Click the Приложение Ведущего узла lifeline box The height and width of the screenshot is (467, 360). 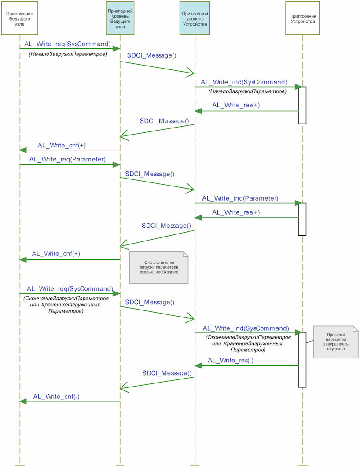[x=20, y=18]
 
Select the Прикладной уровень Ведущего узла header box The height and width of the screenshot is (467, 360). [x=120, y=18]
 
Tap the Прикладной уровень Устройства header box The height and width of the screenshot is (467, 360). [x=195, y=18]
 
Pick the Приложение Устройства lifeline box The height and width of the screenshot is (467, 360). [x=302, y=18]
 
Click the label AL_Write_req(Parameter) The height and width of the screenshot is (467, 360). [x=67, y=159]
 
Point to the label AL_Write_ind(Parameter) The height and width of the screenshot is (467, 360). [x=240, y=198]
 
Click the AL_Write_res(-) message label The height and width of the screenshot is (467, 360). [x=231, y=361]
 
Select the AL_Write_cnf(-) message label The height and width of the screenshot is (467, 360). [x=56, y=397]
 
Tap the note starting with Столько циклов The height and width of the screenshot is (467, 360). [x=159, y=267]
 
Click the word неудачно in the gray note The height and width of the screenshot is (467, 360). [x=335, y=349]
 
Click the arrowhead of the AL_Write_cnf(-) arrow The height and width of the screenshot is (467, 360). [x=23, y=401]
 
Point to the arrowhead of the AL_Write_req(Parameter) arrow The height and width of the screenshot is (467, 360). [x=117, y=165]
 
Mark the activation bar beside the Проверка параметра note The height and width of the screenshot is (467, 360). [x=302, y=360]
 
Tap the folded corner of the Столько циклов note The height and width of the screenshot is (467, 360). [x=186, y=254]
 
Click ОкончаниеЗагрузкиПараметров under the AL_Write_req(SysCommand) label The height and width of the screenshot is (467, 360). [x=66, y=298]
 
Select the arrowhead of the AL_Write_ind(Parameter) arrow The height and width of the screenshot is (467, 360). [x=299, y=203]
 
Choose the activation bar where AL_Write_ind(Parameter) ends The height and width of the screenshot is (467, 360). [x=302, y=219]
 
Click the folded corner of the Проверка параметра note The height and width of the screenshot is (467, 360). [x=355, y=329]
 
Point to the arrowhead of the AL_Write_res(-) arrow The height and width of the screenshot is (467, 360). [x=198, y=365]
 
